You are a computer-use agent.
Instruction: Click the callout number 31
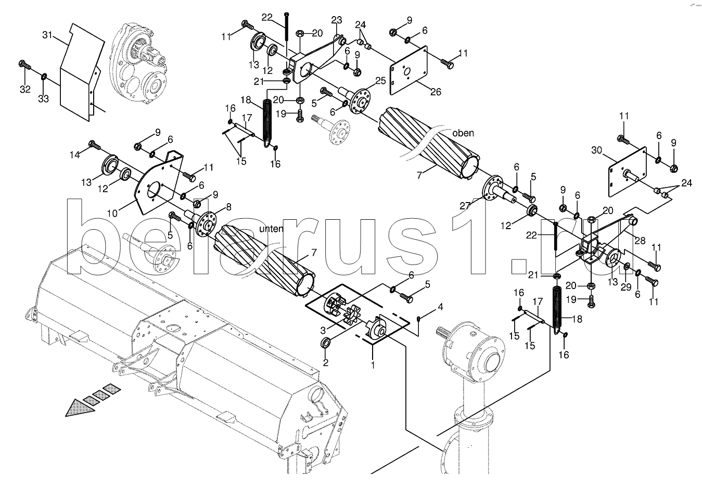[47, 35]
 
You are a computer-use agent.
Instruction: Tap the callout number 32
[25, 90]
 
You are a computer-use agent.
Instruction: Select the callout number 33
[44, 99]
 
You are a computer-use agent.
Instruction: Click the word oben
[463, 133]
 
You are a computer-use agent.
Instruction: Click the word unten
[271, 229]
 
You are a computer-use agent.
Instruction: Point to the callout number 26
[436, 92]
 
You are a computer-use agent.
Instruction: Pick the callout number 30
[597, 151]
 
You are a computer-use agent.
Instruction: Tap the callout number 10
[112, 214]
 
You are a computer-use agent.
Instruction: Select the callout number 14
[74, 155]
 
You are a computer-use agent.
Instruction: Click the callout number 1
[373, 365]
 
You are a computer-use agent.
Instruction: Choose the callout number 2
[326, 363]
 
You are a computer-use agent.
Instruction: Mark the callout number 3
[323, 330]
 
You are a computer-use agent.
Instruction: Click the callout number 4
[440, 307]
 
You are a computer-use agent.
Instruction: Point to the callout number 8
[228, 207]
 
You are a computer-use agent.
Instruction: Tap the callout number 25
[380, 81]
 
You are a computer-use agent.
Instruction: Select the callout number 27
[465, 206]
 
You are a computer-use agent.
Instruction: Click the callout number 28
[640, 241]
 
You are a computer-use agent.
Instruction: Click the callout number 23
[337, 20]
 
